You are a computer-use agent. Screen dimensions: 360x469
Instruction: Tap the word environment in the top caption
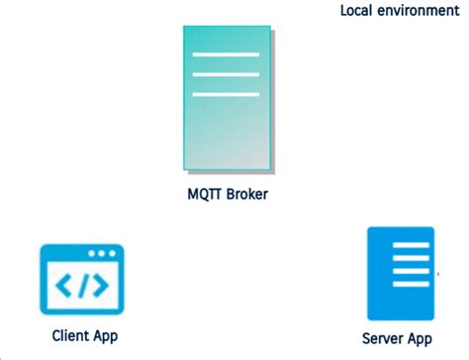click(x=420, y=11)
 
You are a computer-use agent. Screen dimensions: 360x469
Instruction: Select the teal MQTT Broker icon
click(x=226, y=97)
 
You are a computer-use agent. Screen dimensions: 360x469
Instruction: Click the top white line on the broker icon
click(x=226, y=51)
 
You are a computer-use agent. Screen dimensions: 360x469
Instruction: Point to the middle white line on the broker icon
click(x=226, y=72)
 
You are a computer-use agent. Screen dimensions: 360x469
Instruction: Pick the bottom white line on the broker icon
click(x=226, y=94)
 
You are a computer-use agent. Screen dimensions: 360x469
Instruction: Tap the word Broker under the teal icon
click(x=244, y=194)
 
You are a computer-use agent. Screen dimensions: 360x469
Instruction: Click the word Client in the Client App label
click(x=71, y=335)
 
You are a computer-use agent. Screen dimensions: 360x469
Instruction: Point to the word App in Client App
click(x=105, y=335)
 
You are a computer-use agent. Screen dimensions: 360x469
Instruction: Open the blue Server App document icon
click(x=400, y=272)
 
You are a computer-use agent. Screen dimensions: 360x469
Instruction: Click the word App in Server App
click(x=420, y=339)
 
